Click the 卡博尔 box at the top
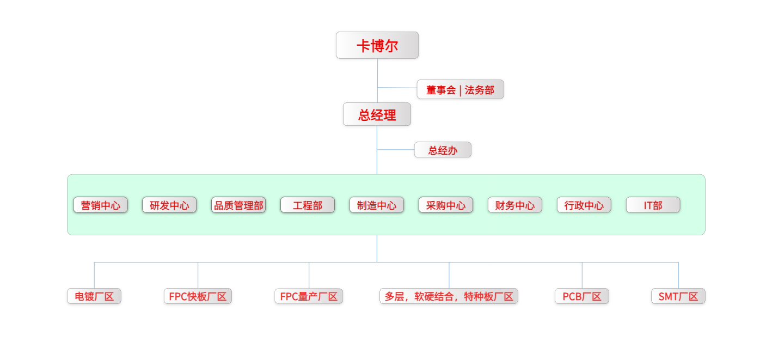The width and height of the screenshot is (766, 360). [x=377, y=45]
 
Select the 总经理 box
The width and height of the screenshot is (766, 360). [x=377, y=114]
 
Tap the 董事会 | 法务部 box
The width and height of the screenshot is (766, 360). [x=460, y=90]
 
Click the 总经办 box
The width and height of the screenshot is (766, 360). [x=443, y=150]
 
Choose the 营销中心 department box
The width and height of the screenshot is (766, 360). [x=101, y=205]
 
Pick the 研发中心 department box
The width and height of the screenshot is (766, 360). [x=169, y=205]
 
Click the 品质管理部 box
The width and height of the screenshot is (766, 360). [x=238, y=205]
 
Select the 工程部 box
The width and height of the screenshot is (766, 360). [x=308, y=205]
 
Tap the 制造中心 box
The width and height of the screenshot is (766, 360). [x=377, y=205]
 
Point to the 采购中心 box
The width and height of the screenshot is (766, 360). [x=446, y=205]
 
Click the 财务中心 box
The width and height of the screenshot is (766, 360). [x=515, y=205]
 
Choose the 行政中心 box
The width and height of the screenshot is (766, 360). [x=584, y=205]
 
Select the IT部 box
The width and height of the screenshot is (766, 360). [x=653, y=205]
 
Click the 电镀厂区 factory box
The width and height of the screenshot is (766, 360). [x=94, y=296]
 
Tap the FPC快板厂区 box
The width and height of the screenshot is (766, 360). [x=198, y=296]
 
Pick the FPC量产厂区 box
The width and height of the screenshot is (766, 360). [x=309, y=296]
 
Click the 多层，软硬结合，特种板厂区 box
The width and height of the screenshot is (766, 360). [x=449, y=296]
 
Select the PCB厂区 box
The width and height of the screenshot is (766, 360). [x=582, y=296]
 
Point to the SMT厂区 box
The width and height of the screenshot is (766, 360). [x=678, y=296]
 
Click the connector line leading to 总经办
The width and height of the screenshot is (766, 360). [x=396, y=149]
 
